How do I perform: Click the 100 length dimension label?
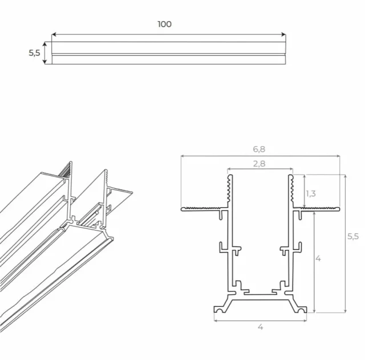[164, 24]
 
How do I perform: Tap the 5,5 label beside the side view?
[34, 53]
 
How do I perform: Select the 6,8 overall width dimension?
[259, 149]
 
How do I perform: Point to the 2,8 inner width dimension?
[259, 163]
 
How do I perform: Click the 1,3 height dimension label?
[311, 193]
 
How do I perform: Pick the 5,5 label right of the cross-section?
[353, 237]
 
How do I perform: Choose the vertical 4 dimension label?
[318, 258]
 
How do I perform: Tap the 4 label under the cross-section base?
[260, 327]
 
